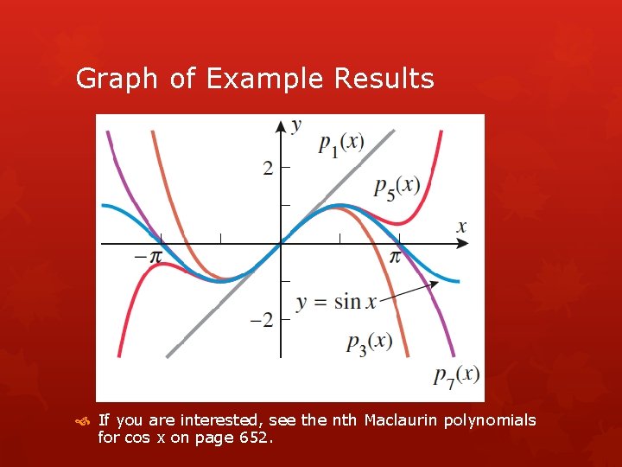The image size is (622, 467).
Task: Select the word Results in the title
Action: click(x=384, y=79)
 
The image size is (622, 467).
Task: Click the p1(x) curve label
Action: click(x=340, y=144)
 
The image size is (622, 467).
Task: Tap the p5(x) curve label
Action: click(x=397, y=186)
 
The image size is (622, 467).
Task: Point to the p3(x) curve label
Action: click(x=369, y=342)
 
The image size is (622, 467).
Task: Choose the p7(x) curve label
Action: click(x=456, y=374)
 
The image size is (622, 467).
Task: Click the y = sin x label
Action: click(x=336, y=302)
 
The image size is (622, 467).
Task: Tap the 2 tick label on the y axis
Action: click(x=268, y=168)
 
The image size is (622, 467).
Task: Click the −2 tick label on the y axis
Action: click(x=261, y=320)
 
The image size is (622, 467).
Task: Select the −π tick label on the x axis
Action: click(x=148, y=257)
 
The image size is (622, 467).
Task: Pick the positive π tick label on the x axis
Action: click(x=395, y=257)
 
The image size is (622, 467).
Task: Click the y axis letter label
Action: click(x=296, y=125)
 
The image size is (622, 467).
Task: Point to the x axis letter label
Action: click(x=461, y=227)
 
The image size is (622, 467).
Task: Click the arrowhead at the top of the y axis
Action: click(x=280, y=125)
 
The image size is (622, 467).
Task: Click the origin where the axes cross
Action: click(x=280, y=245)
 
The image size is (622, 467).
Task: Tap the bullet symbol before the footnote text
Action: click(x=83, y=421)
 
